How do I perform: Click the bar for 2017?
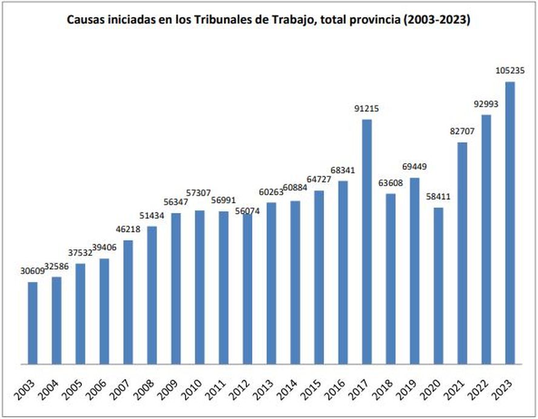pyautogui.click(x=367, y=242)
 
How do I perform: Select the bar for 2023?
pyautogui.click(x=510, y=223)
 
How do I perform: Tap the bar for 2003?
pyautogui.click(x=33, y=323)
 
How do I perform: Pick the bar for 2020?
pyautogui.click(x=438, y=286)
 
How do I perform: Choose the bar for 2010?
pyautogui.click(x=200, y=287)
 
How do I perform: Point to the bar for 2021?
pyautogui.click(x=462, y=253)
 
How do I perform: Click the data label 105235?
pyautogui.click(x=510, y=70)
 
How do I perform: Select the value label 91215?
pyautogui.click(x=366, y=109)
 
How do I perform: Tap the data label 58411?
pyautogui.click(x=438, y=196)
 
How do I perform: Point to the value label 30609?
pyautogui.click(x=33, y=271)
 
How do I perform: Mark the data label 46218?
pyautogui.click(x=128, y=229)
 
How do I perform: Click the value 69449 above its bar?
pyautogui.click(x=414, y=167)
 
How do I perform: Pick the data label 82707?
pyautogui.click(x=462, y=131)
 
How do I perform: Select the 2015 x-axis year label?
pyautogui.click(x=311, y=389)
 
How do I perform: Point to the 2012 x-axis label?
pyautogui.click(x=239, y=389)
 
